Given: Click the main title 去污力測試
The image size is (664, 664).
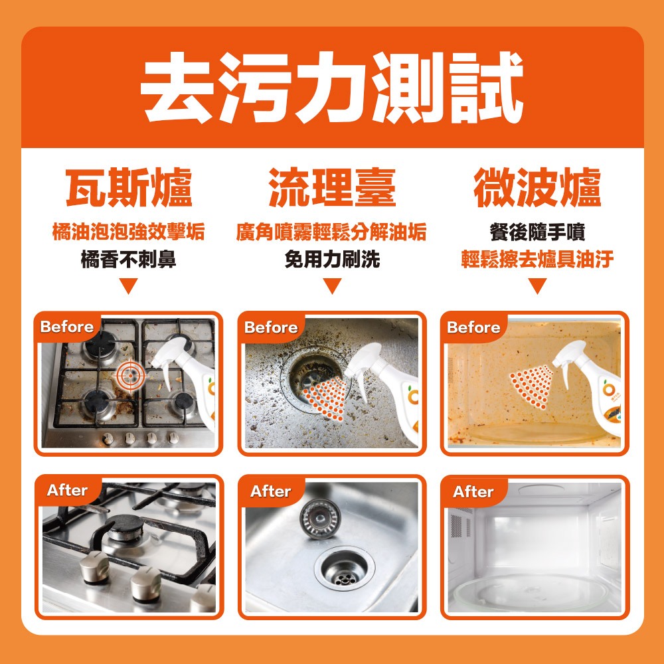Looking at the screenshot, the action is pyautogui.click(x=332, y=88).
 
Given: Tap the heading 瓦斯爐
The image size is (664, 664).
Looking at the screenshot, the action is pyautogui.click(x=129, y=187).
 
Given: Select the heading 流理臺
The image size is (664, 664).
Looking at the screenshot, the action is pyautogui.click(x=332, y=187).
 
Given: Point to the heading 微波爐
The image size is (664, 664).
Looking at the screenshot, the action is pyautogui.click(x=537, y=187).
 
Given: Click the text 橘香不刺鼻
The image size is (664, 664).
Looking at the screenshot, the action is pyautogui.click(x=129, y=259).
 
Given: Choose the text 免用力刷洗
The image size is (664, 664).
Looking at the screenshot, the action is pyautogui.click(x=332, y=259).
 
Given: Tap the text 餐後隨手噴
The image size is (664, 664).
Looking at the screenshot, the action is pyautogui.click(x=537, y=232).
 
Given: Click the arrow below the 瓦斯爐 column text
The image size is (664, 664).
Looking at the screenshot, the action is pyautogui.click(x=129, y=286).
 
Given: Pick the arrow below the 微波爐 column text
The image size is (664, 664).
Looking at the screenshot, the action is pyautogui.click(x=537, y=286).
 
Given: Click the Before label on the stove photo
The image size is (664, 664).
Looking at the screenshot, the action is pyautogui.click(x=67, y=327).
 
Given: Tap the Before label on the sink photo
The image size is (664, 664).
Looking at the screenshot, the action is pyautogui.click(x=271, y=327).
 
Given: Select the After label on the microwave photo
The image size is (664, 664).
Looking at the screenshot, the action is pyautogui.click(x=473, y=491).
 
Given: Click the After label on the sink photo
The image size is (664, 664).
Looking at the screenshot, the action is pyautogui.click(x=270, y=491).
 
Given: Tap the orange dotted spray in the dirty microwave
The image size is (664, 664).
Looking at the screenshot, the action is pyautogui.click(x=531, y=386).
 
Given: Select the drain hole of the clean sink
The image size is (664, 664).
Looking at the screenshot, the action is pyautogui.click(x=345, y=568).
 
